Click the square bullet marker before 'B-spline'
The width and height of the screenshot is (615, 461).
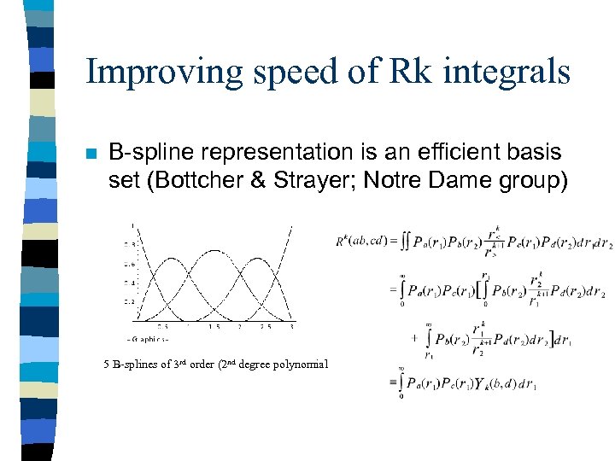click(91, 155)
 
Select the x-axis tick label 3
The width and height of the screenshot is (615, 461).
click(292, 325)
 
